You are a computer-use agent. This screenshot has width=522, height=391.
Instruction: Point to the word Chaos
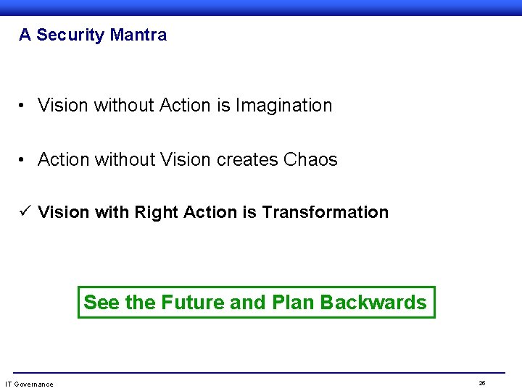pos(311,159)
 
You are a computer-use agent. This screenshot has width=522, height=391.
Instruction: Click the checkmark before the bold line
pos(25,212)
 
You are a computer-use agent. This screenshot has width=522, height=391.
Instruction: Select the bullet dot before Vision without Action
pos(24,106)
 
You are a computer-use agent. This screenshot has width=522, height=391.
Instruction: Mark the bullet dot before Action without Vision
pos(24,159)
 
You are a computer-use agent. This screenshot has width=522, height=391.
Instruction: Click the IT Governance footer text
pos(29,384)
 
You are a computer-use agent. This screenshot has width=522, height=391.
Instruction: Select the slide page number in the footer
pos(482,382)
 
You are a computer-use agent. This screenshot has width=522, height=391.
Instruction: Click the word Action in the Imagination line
pos(185,106)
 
